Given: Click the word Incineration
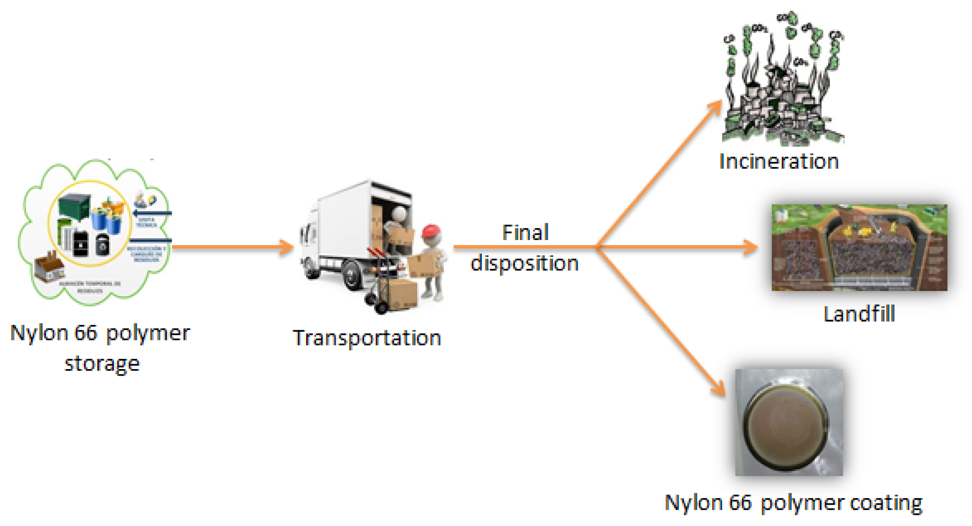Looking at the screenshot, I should pos(779,162).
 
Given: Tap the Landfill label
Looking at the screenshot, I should pos(859,314).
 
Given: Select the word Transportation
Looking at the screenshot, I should pos(367,338).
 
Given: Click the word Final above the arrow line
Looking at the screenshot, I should pos(525,233).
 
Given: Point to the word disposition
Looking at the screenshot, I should pos(524,263).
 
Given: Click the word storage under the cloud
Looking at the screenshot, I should pos(102,364).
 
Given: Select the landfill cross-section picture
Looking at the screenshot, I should pos(859,248).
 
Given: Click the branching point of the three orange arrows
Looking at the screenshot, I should pos(597,247).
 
